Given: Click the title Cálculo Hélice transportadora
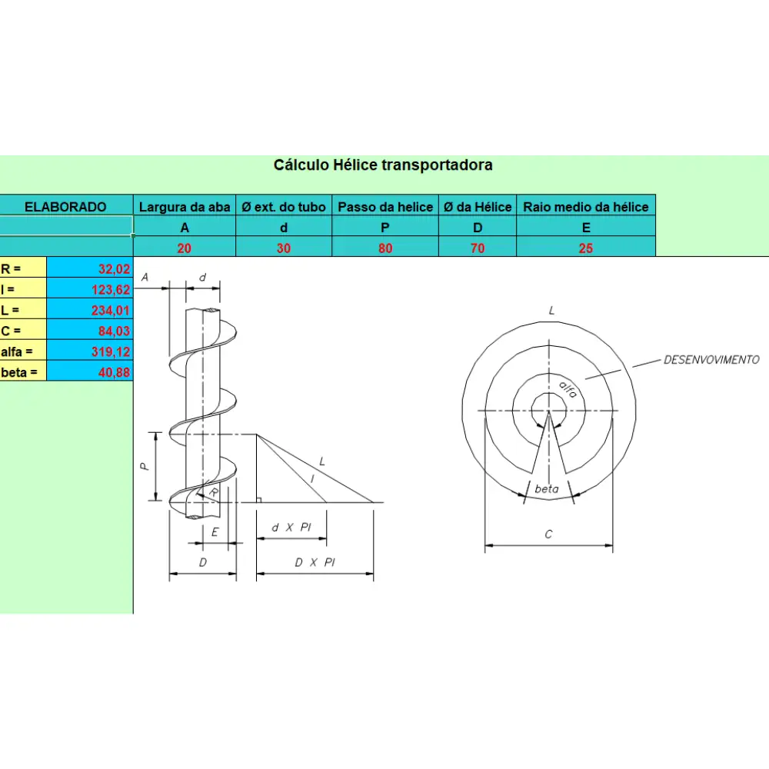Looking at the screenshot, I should [383, 165].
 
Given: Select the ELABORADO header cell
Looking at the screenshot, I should [66, 206].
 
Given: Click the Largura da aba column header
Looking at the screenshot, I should [185, 206].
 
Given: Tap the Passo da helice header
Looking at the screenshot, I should [385, 206].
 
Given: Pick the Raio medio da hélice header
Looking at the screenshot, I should [585, 206].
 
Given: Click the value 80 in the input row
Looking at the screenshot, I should [385, 248].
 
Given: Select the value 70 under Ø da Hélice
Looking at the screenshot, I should [478, 248].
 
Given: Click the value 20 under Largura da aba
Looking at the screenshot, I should [185, 248].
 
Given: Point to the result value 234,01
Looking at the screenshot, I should [112, 311].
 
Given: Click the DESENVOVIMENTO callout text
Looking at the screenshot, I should [711, 359].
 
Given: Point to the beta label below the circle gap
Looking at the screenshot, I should [546, 489].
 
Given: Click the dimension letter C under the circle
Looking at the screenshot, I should [548, 534].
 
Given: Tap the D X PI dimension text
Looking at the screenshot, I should [315, 562].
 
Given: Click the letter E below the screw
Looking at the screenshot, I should [215, 531].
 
